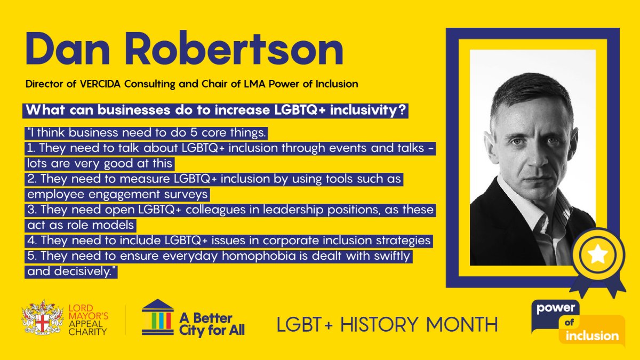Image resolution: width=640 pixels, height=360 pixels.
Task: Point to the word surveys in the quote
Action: point(188,194)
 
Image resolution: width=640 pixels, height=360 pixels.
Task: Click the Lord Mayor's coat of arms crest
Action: point(38,319)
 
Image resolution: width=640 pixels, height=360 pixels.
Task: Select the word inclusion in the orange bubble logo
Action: point(592,336)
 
